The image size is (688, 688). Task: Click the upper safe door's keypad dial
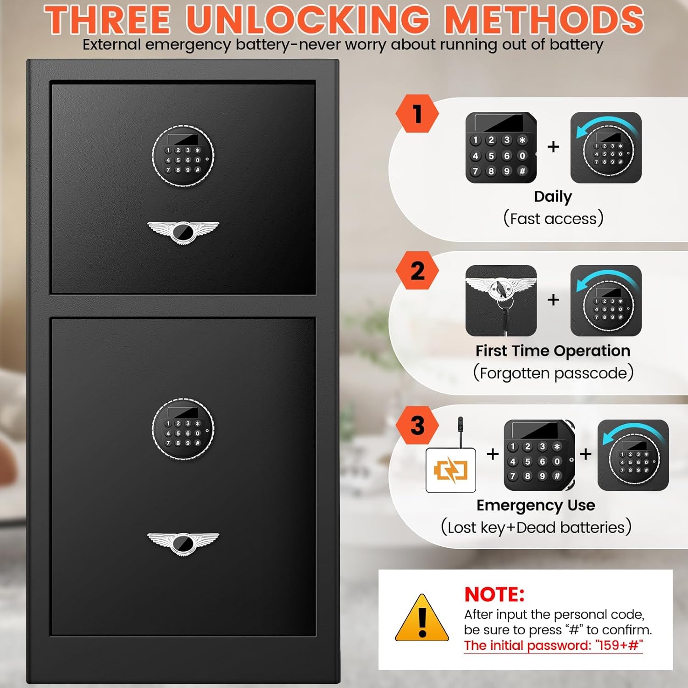[183, 155]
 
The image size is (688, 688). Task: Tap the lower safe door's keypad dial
[183, 429]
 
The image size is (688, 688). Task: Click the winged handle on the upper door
[183, 232]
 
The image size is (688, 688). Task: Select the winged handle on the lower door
[183, 544]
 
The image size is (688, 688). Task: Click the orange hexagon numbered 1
[417, 114]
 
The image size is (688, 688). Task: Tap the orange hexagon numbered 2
[417, 271]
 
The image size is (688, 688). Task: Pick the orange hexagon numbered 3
[417, 425]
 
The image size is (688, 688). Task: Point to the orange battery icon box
[450, 470]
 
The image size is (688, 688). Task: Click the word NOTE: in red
[494, 594]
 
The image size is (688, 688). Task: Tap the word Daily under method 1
[553, 197]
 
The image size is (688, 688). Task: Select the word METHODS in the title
[544, 19]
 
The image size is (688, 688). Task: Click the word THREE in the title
[107, 19]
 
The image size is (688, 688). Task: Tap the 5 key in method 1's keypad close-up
[491, 156]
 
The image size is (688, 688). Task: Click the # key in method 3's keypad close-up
[557, 476]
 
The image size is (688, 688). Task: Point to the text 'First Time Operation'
[553, 351]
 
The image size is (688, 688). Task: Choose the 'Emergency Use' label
[536, 505]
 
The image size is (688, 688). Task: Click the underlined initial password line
[553, 645]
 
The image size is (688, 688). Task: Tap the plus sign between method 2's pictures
[554, 300]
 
